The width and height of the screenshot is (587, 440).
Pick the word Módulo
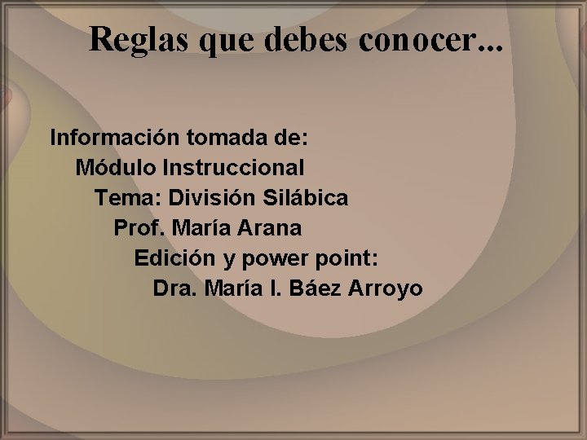coord(116,168)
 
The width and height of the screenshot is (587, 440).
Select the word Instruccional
coord(234,168)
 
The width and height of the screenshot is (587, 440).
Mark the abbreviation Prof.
coord(135,228)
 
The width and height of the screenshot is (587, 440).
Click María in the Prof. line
coord(192,228)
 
